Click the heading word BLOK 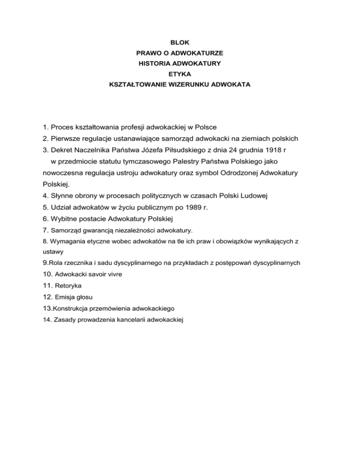180,42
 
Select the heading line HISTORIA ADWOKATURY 180,63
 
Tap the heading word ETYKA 180,74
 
